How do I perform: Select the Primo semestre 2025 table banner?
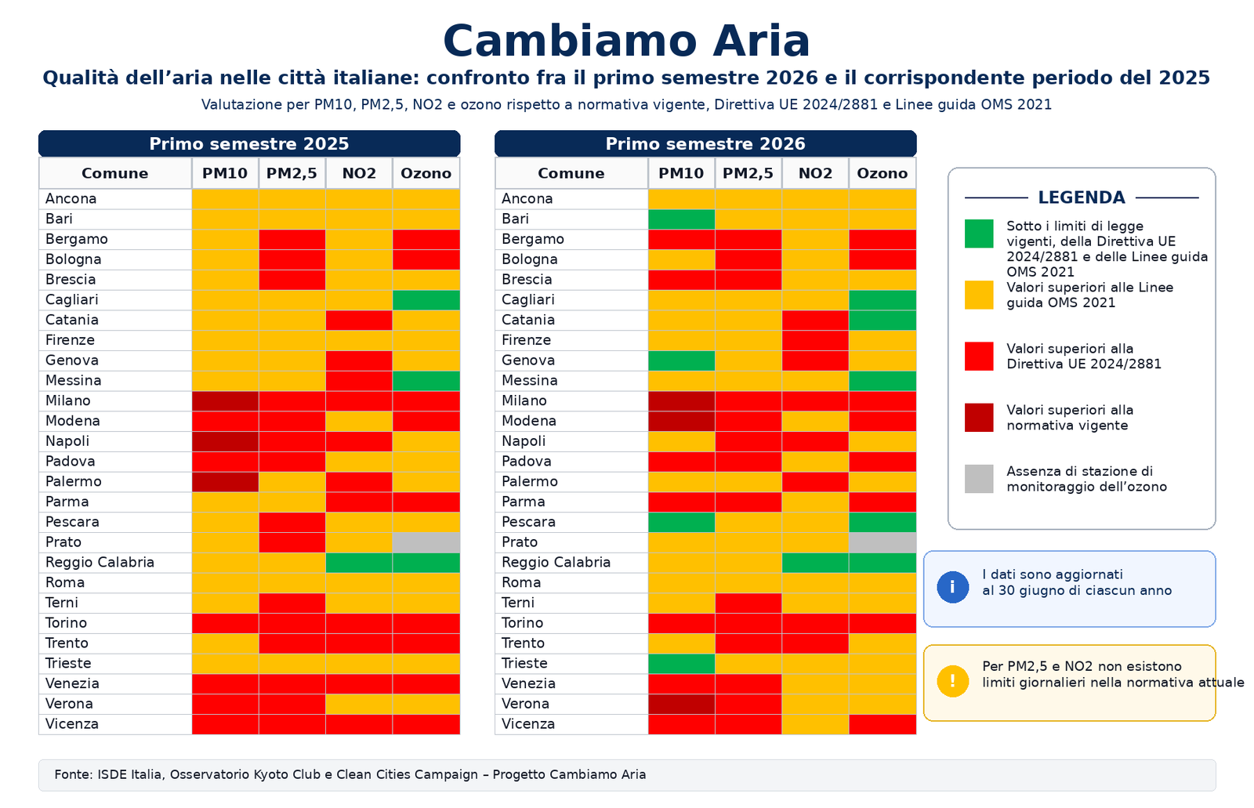pos(249,144)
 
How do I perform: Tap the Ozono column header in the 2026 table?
pos(883,173)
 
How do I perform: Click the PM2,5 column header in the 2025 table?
pos(292,173)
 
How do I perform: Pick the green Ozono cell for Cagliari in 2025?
pos(426,299)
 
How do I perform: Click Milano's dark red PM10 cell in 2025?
pos(225,401)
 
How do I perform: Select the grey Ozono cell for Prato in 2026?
pos(883,542)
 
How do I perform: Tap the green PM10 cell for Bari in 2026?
pos(681,219)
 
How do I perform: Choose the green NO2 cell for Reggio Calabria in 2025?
pos(359,562)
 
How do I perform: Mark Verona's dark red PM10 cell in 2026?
pos(681,704)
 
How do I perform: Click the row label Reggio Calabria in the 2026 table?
pos(556,562)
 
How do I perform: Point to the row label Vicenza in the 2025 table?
pos(71,724)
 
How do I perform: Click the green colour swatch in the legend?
pos(979,234)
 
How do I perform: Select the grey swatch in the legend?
pos(979,479)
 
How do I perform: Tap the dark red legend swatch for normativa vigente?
pos(979,418)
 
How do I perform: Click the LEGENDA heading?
pos(1081,197)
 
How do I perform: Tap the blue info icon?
pos(952,587)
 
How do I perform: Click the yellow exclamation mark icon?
pos(952,682)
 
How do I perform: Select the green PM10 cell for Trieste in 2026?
pos(681,664)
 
